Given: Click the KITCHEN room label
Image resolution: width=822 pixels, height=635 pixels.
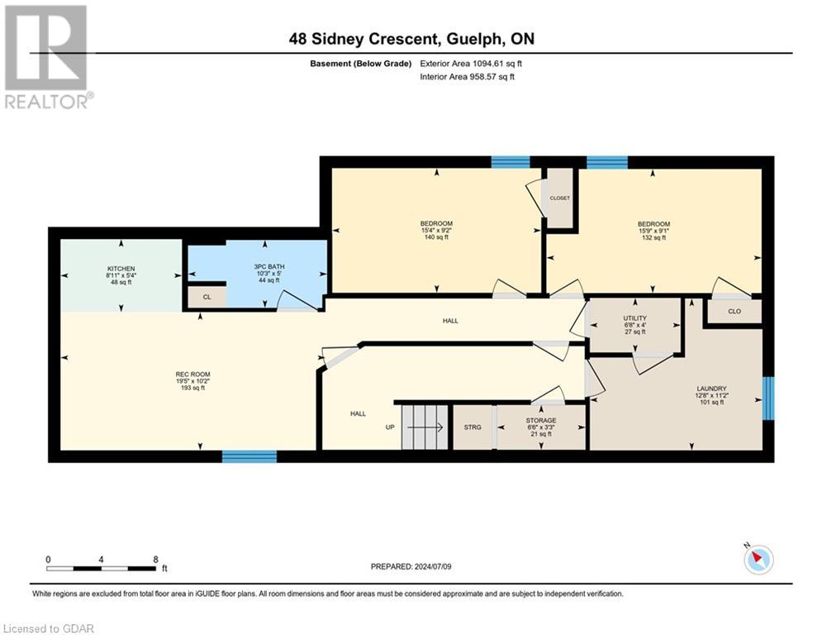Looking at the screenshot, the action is tap(121, 269).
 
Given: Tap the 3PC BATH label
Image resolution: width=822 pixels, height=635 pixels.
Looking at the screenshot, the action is tap(269, 266).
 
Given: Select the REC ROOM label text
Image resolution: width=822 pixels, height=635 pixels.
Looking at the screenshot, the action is tap(193, 375).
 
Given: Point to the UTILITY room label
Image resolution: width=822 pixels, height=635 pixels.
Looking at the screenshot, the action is tap(634, 318).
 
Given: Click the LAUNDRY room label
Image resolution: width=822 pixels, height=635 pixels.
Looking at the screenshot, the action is tap(711, 389).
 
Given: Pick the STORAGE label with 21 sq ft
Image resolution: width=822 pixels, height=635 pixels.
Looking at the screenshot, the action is tap(541, 420).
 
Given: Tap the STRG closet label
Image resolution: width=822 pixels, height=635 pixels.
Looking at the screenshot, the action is tap(473, 427).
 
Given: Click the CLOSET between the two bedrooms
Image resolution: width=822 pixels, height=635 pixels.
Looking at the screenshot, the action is tap(560, 198).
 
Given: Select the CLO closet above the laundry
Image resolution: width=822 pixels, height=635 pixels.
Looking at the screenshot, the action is tap(734, 311).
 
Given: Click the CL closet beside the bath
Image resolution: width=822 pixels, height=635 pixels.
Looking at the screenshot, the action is tap(207, 297).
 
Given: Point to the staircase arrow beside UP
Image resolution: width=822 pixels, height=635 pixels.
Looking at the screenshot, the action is tap(425, 427).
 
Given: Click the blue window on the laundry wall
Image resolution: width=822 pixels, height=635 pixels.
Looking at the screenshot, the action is tap(768, 399).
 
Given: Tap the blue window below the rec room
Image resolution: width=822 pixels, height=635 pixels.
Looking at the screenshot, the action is tap(249, 456).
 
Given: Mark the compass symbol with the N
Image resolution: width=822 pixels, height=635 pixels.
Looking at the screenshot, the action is tap(758, 558).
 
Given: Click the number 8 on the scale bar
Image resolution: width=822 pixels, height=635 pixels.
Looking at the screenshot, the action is tap(155, 560).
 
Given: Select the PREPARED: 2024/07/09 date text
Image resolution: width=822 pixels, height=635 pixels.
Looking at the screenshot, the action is tap(411, 566).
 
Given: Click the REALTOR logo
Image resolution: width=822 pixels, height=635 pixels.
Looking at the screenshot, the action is tap(47, 57).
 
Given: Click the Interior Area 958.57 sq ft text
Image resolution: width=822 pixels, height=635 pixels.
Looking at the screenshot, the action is tap(467, 77).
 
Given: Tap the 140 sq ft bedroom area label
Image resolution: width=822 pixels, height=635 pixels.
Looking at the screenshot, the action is tap(436, 237).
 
